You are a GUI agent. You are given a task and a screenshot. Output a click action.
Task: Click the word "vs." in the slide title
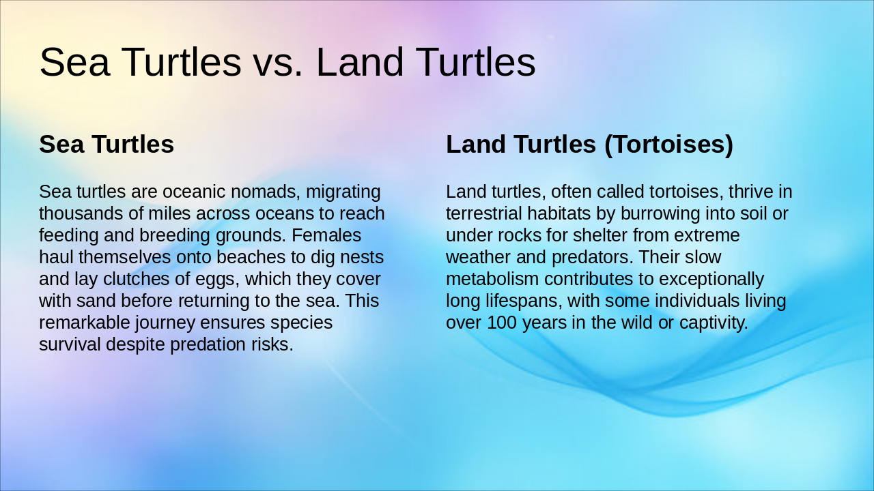pos(278,62)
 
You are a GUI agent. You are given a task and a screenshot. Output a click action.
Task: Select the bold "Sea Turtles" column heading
pos(107,145)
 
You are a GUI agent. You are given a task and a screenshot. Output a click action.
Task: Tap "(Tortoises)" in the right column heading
pos(668,145)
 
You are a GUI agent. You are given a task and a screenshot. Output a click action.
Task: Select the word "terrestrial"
pos(483,213)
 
